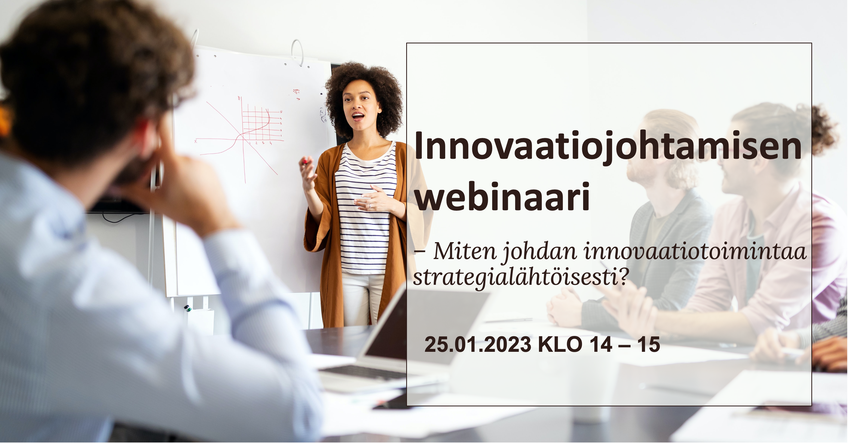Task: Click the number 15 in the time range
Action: [x=648, y=345]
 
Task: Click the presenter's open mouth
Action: [x=358, y=116]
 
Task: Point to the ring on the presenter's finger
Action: [x=370, y=206]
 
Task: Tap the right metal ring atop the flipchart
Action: [x=298, y=52]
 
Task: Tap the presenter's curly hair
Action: [x=364, y=95]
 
